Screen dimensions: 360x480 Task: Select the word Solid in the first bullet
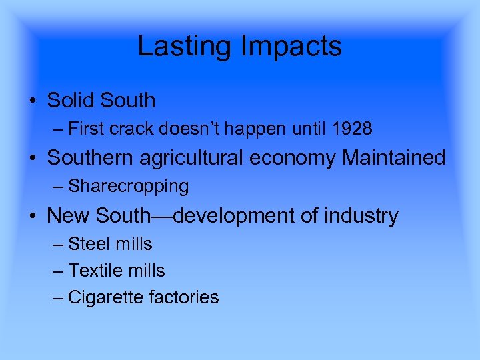tap(71, 101)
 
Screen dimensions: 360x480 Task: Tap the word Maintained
tap(394, 158)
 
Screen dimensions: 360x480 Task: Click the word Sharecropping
tap(129, 186)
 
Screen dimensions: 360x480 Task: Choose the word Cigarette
tap(103, 297)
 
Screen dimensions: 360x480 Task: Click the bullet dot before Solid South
tap(33, 101)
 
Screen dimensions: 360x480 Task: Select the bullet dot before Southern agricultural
tap(33, 159)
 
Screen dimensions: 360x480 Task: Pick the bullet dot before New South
tap(33, 216)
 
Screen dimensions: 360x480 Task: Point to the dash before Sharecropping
tap(58, 186)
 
